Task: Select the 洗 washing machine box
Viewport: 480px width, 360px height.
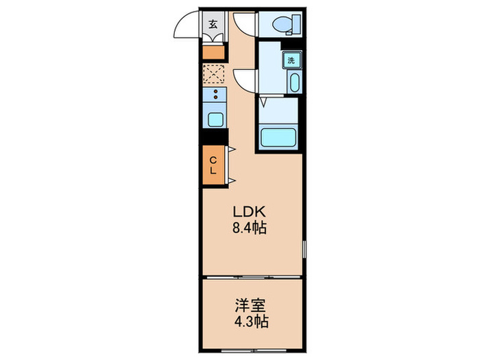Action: (x=291, y=60)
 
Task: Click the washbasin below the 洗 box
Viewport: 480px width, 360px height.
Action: (x=293, y=84)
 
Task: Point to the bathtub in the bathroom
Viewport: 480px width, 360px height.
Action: (x=280, y=136)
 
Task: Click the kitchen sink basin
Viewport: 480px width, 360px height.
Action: (x=215, y=119)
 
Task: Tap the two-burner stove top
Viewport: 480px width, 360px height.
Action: (x=215, y=95)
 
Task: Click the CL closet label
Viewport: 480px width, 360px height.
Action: (x=213, y=165)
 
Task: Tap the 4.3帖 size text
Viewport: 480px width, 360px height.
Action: (x=250, y=320)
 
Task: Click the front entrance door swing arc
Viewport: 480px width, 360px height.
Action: (x=187, y=26)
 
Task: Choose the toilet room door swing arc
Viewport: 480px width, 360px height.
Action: (x=243, y=26)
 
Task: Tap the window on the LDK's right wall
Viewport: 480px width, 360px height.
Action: (x=304, y=251)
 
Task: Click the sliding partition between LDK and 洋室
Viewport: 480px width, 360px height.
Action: (x=250, y=277)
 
